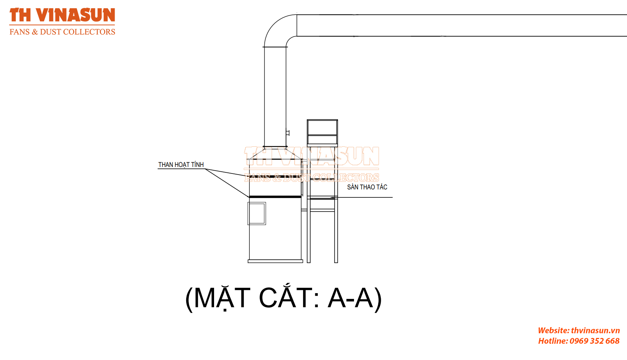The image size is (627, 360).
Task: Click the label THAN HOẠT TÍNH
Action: tap(181, 165)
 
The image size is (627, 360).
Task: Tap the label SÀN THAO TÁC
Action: tap(367, 187)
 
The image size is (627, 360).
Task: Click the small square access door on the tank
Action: tap(257, 214)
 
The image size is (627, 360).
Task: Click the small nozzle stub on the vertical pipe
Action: tap(288, 133)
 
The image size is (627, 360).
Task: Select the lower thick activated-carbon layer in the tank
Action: tap(275, 197)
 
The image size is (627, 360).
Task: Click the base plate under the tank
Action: tap(275, 261)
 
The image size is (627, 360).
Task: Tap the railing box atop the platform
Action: tap(322, 132)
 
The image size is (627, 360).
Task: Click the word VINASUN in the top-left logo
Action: tap(76, 15)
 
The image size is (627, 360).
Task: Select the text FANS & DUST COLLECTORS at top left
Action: tap(62, 32)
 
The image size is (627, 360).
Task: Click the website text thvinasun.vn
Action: tap(595, 330)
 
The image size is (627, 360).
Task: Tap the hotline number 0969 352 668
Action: tap(594, 341)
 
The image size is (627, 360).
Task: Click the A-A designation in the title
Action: tap(350, 298)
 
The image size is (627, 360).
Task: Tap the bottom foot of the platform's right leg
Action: tap(336, 261)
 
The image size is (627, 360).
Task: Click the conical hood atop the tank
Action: tap(275, 153)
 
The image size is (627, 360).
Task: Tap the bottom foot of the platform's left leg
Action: tap(308, 261)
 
